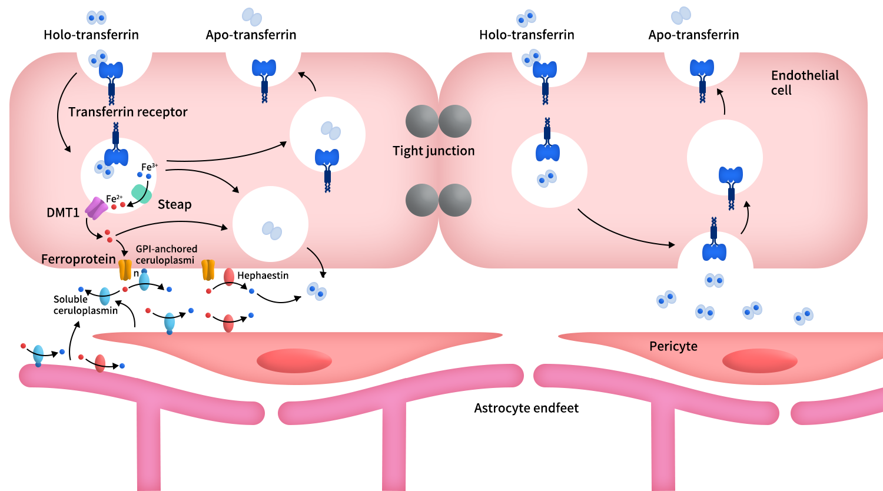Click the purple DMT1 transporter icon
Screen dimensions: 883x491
(x=97, y=208)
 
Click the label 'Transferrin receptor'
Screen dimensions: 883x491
(x=128, y=112)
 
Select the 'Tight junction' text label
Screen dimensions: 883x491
(x=434, y=151)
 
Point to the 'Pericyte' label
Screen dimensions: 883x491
(x=673, y=346)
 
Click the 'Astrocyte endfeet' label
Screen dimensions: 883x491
(x=526, y=408)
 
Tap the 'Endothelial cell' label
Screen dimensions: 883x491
(x=805, y=83)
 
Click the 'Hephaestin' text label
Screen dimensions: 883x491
(x=263, y=276)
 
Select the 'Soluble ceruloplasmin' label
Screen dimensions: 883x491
(x=85, y=305)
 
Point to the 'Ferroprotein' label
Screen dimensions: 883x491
(x=78, y=259)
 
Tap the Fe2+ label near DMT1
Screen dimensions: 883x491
(x=114, y=198)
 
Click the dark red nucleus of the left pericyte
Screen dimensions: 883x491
(x=294, y=360)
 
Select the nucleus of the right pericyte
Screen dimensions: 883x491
(x=759, y=360)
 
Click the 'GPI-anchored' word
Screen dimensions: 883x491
(x=167, y=249)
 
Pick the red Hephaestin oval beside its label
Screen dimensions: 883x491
(x=229, y=277)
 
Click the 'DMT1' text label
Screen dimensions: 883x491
(x=63, y=213)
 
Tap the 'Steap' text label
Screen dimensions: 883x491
(x=175, y=205)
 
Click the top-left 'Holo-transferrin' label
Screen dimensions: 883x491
(x=91, y=35)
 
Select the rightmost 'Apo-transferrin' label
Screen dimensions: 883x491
(x=693, y=35)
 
